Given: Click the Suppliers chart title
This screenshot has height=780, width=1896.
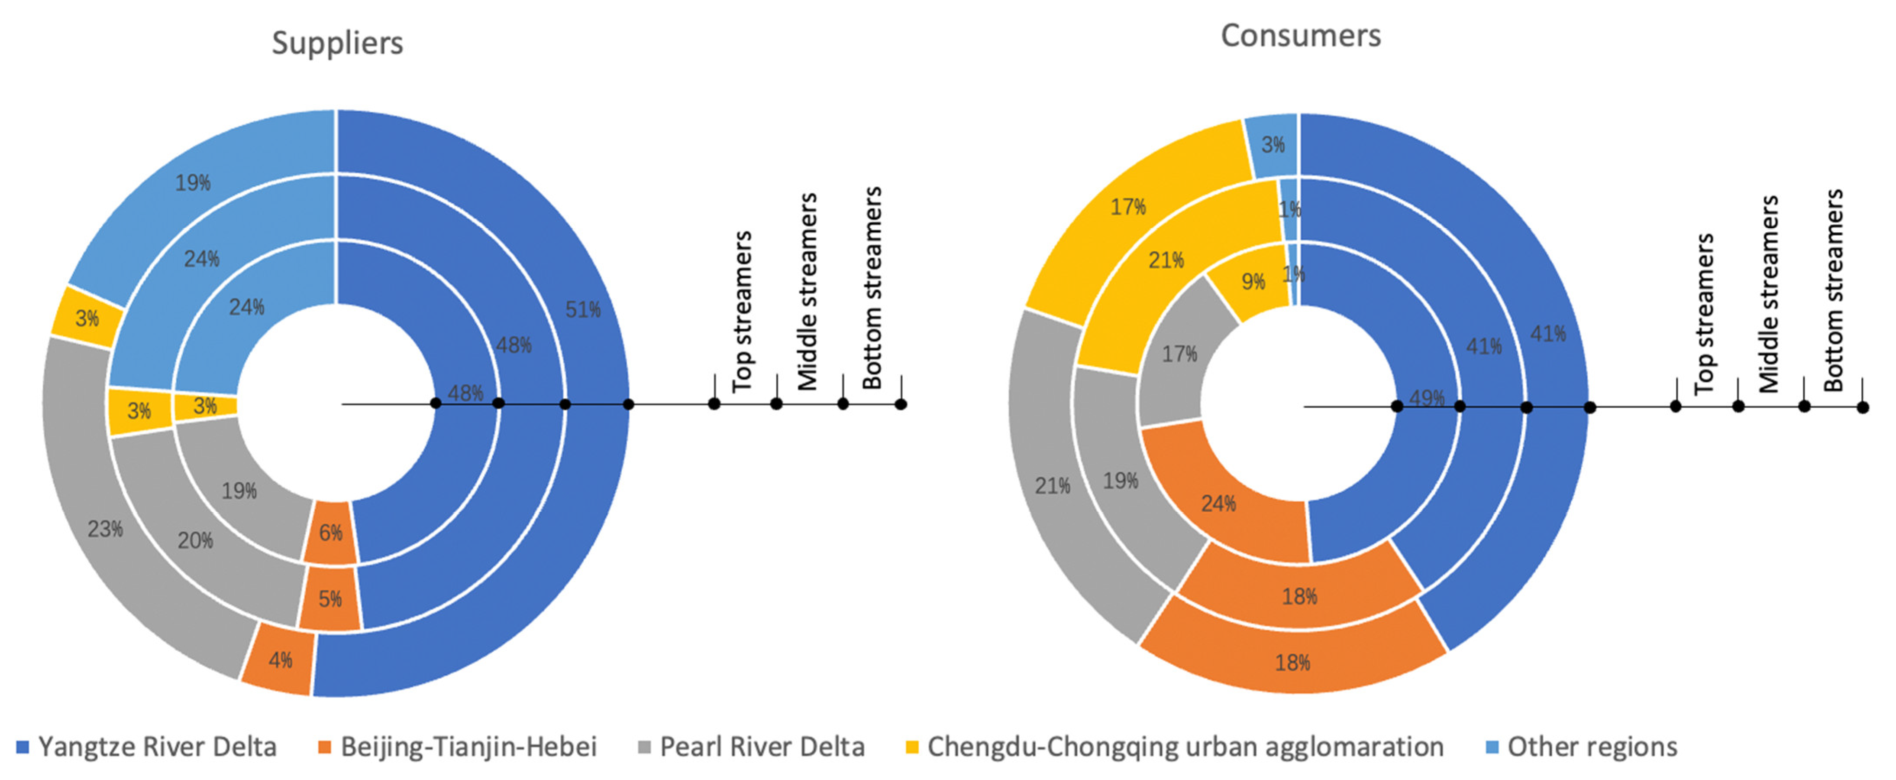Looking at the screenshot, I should coord(337,43).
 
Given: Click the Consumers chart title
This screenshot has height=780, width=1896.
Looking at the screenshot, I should coord(1301,36).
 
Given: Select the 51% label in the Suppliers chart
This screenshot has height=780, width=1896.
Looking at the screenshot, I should coord(582,309).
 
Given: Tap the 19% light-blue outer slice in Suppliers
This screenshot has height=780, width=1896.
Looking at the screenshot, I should coord(193,183).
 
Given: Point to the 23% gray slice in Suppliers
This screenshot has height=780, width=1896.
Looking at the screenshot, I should coord(105,529).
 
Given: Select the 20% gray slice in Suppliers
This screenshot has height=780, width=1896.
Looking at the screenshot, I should coord(195,541).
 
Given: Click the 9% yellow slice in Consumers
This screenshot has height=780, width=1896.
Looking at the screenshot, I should coord(1253,281).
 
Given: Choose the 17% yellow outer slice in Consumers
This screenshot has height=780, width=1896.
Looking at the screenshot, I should coord(1127,207).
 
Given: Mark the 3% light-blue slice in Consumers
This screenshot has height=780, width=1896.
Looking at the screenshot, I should coord(1273,144).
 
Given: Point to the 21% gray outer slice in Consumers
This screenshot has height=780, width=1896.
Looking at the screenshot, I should coord(1053,486).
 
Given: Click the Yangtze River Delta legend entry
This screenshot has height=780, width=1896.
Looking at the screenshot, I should coord(157,747).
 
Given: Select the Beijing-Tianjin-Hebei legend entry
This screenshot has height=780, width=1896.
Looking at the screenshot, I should coord(468,747).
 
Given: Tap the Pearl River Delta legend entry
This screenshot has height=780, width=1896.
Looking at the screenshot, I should coord(762,747).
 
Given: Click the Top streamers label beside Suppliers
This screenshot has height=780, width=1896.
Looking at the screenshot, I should coord(742,311).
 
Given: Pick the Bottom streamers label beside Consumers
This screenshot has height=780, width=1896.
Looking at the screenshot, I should coord(1834,290).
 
